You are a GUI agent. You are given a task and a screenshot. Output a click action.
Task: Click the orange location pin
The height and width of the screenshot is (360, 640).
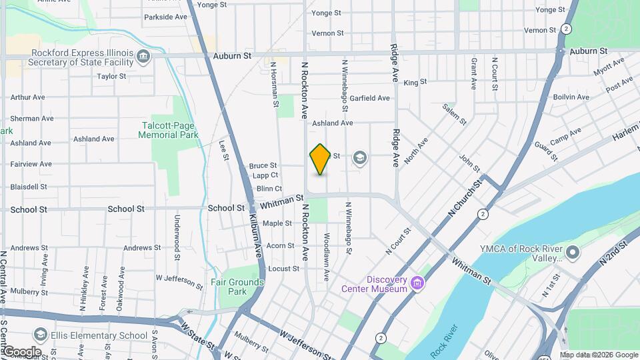[x=320, y=159]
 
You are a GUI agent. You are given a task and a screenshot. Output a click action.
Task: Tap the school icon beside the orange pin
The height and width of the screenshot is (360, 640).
[x=360, y=157]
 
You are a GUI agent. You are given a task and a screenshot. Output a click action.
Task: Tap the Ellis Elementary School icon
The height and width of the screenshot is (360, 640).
[x=41, y=335]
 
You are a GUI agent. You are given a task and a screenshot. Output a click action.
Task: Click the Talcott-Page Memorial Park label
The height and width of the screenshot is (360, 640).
[x=169, y=130]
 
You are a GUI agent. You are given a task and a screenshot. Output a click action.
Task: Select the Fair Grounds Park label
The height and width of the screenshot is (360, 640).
[x=237, y=287]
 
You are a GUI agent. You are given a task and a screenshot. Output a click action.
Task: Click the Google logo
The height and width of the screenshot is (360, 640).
[x=22, y=351]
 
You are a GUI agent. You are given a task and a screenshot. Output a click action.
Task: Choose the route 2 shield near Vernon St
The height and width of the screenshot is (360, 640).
[x=566, y=29]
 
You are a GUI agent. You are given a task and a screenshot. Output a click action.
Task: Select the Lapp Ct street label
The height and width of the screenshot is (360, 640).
[x=265, y=175]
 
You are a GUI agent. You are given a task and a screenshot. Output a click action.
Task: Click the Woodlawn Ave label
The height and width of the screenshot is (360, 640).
[x=327, y=247]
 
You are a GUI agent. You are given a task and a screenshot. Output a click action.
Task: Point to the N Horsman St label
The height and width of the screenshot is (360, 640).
[x=273, y=85]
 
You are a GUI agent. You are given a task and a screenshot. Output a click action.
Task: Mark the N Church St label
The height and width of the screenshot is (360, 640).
[x=464, y=197]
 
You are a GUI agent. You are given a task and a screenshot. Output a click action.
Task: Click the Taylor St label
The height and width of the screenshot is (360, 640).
[x=111, y=76]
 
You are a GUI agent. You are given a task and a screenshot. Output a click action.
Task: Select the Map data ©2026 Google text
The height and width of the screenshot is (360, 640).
[x=599, y=355]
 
